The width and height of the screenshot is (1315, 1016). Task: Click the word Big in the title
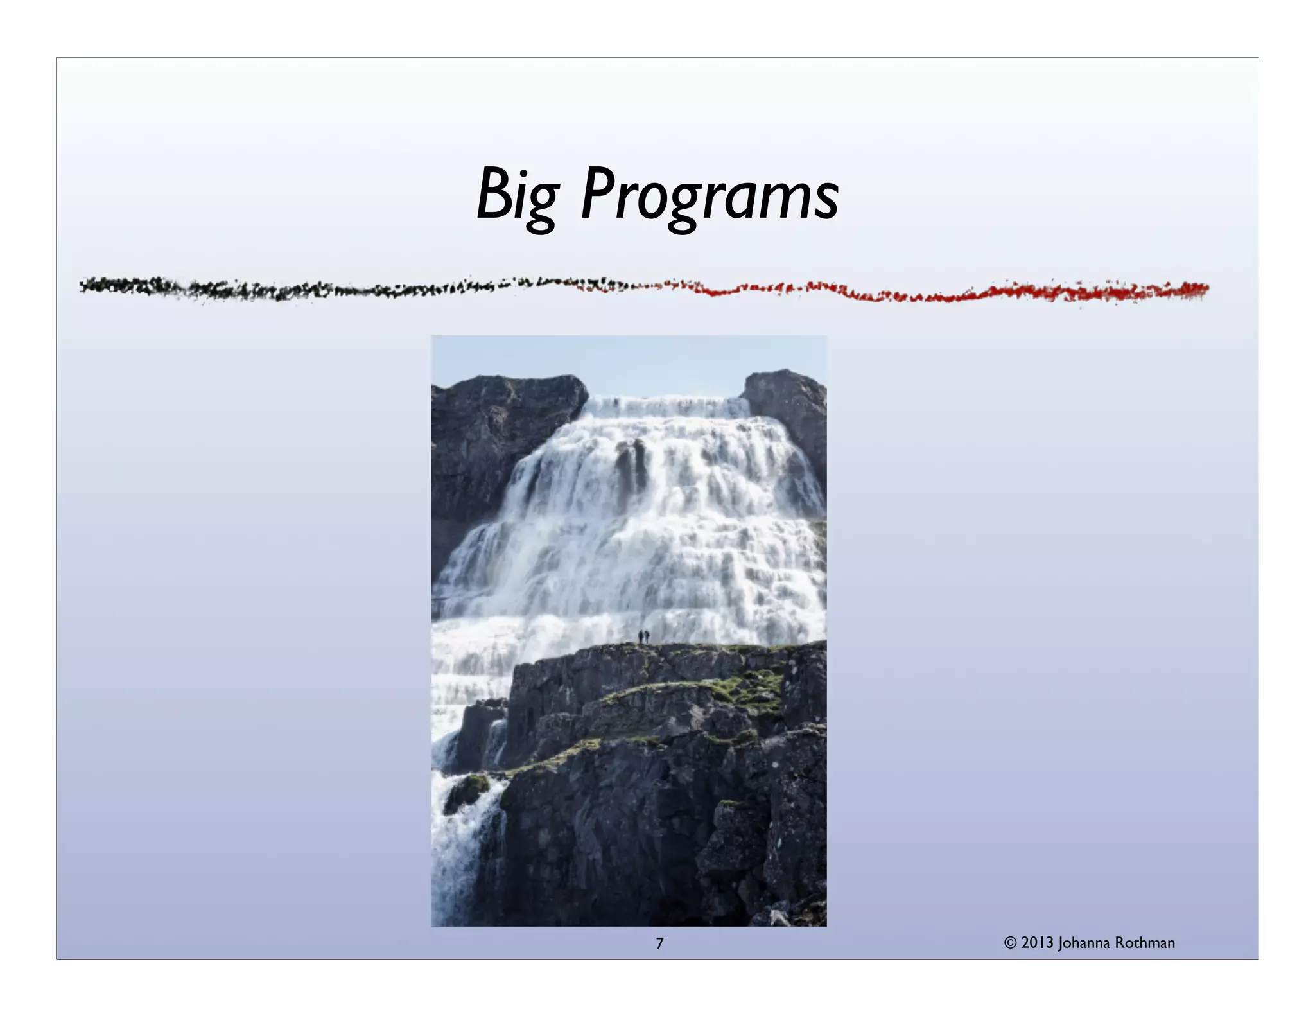tap(518, 195)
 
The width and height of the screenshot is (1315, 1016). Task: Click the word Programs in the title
tap(709, 195)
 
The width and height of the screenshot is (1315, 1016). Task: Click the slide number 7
tap(659, 943)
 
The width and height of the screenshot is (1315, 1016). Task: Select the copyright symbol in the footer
tap(1011, 943)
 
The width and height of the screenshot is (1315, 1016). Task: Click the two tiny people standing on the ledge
tap(643, 636)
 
